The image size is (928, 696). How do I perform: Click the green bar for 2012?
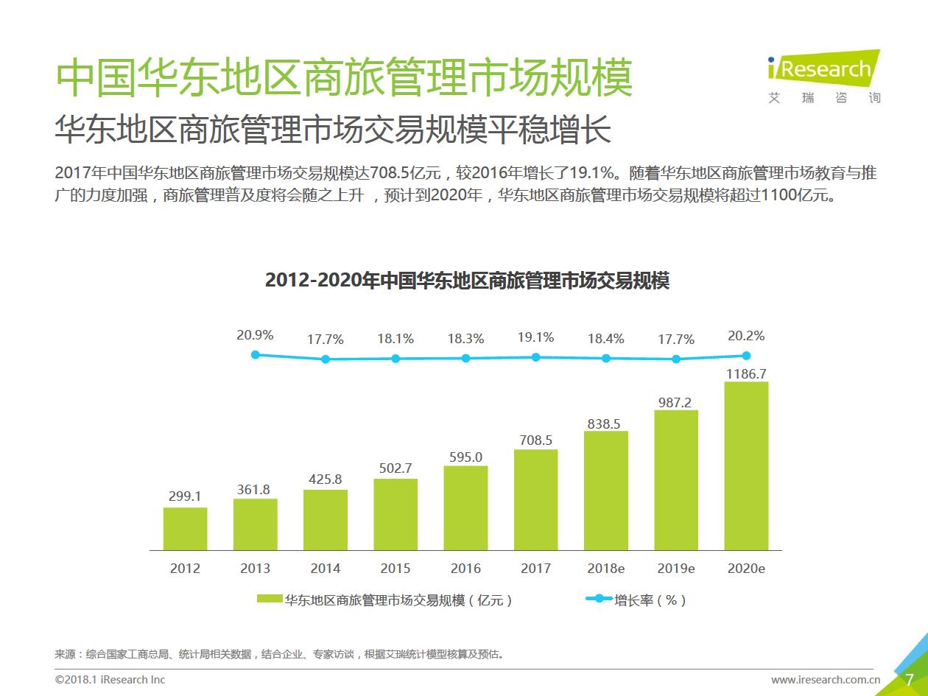185,529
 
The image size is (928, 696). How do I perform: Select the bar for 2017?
535,499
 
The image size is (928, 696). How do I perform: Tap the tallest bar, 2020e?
746,465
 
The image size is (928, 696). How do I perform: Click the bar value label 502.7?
396,468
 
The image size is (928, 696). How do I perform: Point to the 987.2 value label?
675,403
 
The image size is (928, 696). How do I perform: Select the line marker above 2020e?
746,355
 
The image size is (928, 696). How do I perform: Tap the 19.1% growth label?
535,337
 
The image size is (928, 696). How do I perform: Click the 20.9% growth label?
255,335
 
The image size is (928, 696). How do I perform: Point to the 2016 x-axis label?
465,569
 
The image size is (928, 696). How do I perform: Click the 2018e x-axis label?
605,569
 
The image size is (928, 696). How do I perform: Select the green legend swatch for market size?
270,600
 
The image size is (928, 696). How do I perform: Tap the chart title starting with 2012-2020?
467,281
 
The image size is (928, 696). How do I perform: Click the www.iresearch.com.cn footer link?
826,679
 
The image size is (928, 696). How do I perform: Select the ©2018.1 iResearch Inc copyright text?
110,679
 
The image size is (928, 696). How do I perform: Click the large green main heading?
344,77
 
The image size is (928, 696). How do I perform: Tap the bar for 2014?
326,520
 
